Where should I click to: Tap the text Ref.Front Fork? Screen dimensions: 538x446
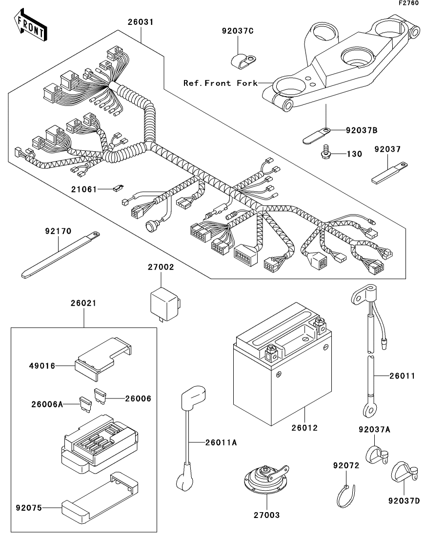tap(220, 83)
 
